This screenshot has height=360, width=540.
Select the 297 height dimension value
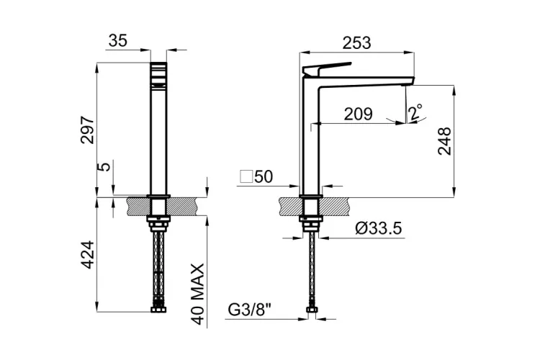87,130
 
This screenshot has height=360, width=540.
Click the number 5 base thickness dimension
104,167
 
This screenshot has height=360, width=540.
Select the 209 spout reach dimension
357,113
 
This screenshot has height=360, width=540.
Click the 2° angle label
415,112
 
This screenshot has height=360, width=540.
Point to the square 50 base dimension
256,176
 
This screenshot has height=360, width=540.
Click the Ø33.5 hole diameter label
378,229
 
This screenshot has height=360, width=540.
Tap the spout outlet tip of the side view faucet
409,84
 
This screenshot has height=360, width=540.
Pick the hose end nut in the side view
312,311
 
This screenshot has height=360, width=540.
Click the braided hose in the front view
157,266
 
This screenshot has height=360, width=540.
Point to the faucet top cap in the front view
158,73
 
